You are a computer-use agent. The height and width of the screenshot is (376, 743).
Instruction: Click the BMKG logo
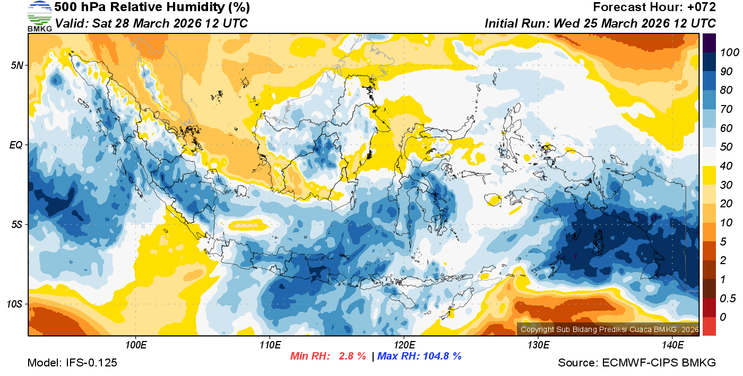tap(40, 16)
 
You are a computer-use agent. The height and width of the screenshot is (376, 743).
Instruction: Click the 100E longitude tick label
tap(135, 345)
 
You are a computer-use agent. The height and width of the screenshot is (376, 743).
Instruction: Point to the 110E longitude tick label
tap(270, 345)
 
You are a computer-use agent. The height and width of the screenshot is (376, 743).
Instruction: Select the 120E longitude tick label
tap(404, 345)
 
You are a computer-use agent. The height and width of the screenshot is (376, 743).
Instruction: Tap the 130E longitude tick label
tap(538, 345)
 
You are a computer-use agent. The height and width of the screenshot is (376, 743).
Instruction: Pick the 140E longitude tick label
tap(672, 345)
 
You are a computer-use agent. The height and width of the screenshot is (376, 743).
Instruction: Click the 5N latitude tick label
tap(17, 65)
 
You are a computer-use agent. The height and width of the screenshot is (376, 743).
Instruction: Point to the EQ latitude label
tap(17, 145)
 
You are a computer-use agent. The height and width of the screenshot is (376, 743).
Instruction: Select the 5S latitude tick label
tap(17, 224)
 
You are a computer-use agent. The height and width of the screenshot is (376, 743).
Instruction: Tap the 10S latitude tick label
tap(15, 304)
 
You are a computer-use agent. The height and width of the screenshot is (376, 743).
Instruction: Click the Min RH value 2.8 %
tap(352, 356)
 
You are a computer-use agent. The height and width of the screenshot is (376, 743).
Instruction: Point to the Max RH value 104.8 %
tap(442, 356)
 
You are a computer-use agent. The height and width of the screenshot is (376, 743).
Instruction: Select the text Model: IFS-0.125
tap(72, 363)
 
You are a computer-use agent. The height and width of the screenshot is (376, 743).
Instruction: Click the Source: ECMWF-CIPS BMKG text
tap(637, 363)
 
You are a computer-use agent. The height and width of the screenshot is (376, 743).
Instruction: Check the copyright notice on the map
tap(609, 329)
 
